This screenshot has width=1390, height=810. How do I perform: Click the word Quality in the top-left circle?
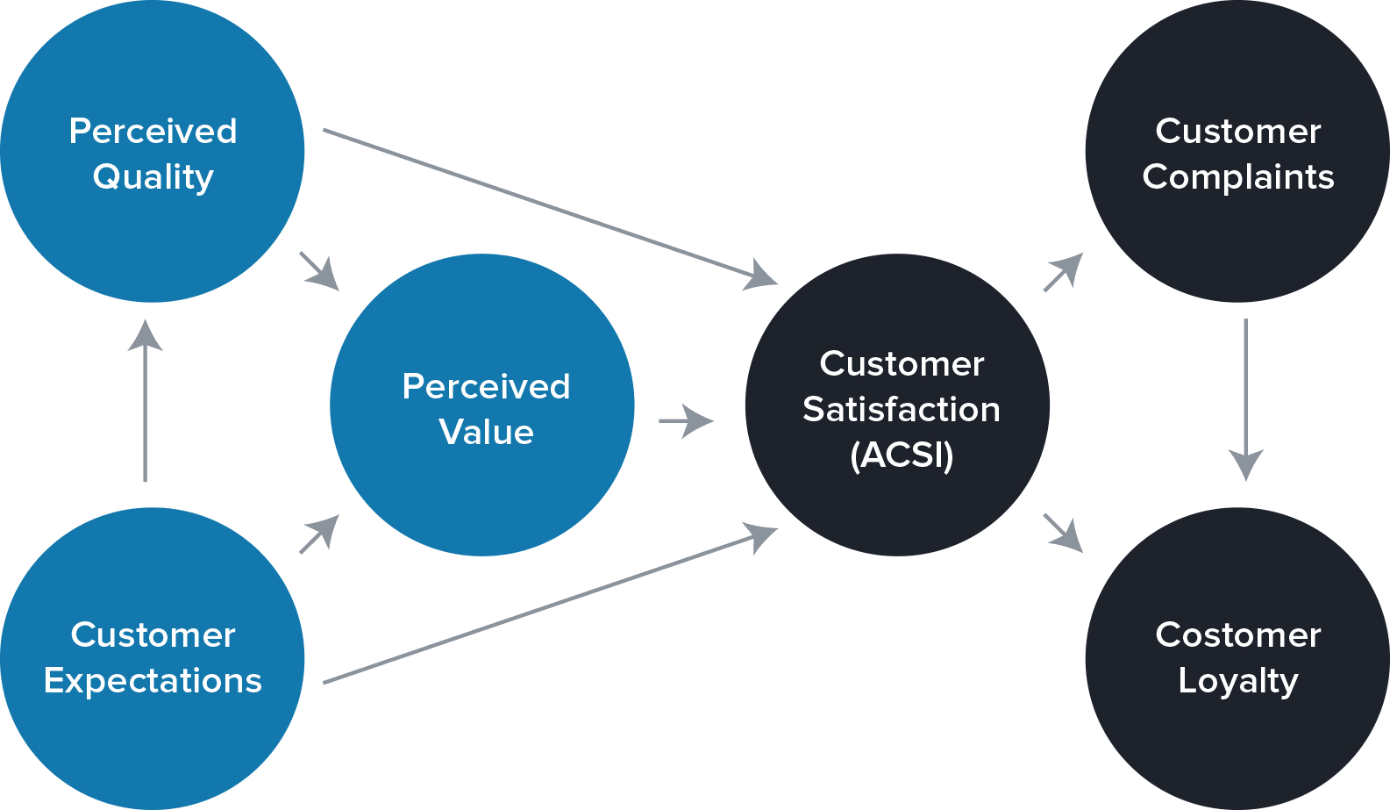click(x=153, y=177)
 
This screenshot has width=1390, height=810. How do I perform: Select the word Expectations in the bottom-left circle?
click(x=153, y=681)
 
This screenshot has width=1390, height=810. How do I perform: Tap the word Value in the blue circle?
click(x=486, y=432)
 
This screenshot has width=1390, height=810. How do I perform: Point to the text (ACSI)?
click(x=902, y=455)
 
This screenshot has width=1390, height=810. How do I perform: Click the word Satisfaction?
click(x=902, y=409)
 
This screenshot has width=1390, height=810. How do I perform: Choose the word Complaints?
click(x=1237, y=177)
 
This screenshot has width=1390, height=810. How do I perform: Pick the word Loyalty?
click(x=1237, y=681)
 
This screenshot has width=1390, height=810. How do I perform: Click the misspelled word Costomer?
click(x=1237, y=634)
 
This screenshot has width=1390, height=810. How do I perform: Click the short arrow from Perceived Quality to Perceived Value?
click(x=319, y=270)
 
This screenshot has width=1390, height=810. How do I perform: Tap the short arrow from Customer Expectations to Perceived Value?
click(x=319, y=534)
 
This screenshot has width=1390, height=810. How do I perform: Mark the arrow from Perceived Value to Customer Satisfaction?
click(x=686, y=421)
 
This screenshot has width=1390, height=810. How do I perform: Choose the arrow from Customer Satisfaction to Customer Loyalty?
click(x=1063, y=533)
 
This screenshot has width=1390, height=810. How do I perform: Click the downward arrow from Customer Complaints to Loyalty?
click(x=1245, y=399)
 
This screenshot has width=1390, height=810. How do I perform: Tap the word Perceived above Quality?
click(x=153, y=132)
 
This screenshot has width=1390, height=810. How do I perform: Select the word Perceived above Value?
click(x=486, y=386)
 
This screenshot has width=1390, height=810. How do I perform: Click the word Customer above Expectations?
click(x=153, y=634)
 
